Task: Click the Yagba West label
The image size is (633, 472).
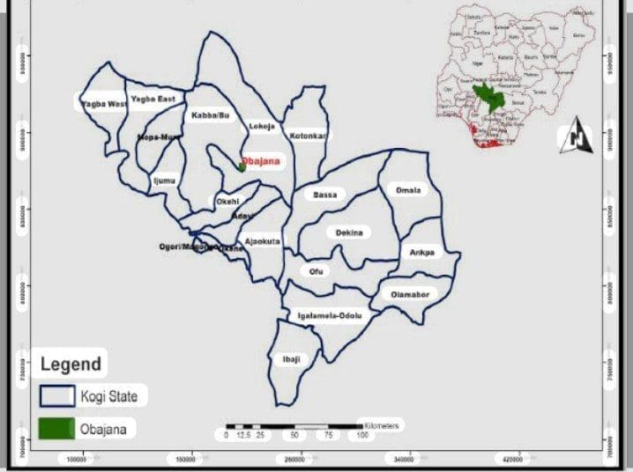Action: pyautogui.click(x=104, y=104)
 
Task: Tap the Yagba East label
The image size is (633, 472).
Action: pyautogui.click(x=153, y=99)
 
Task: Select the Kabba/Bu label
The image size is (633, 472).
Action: pyautogui.click(x=210, y=115)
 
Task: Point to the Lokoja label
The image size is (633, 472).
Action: pyautogui.click(x=263, y=126)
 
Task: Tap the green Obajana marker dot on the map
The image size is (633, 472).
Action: pyautogui.click(x=242, y=166)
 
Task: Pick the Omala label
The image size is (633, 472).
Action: pyautogui.click(x=408, y=190)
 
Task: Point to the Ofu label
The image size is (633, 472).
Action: pyautogui.click(x=316, y=271)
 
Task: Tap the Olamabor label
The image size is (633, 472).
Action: pyautogui.click(x=409, y=294)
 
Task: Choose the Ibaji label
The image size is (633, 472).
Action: pyautogui.click(x=291, y=359)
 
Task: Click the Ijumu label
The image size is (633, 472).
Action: pyautogui.click(x=165, y=181)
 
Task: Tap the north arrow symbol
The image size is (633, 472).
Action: pyautogui.click(x=577, y=135)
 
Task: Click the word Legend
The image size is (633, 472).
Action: pyautogui.click(x=71, y=363)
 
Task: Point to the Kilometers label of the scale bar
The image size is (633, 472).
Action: pyautogui.click(x=379, y=426)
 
